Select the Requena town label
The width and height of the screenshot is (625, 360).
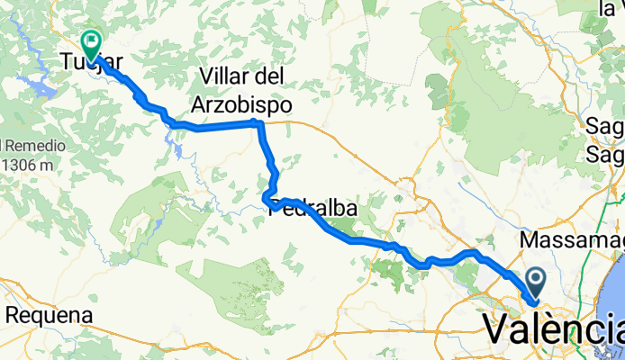pos(50,316)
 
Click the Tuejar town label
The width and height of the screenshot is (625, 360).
pos(90,62)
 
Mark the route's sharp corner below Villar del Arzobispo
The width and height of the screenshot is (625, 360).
pos(258,122)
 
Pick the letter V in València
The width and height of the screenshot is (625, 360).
pos(497,329)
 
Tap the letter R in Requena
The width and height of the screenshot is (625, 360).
pos(14,316)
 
